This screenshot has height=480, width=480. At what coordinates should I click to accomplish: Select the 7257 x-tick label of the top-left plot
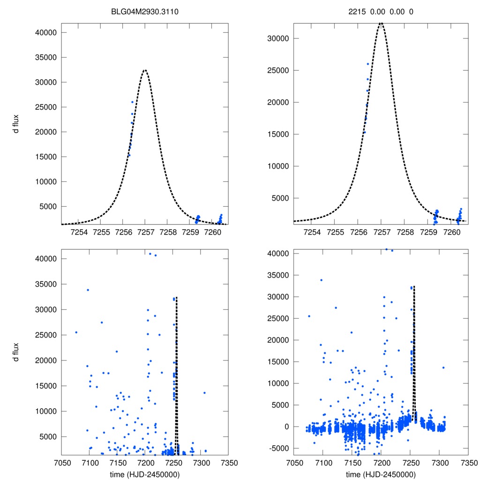[x=145, y=232]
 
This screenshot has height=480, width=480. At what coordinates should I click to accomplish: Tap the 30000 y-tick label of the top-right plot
[x=276, y=39]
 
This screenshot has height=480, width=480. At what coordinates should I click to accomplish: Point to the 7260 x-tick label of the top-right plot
[x=451, y=232]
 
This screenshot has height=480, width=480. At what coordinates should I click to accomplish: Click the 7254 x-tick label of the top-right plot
[x=312, y=232]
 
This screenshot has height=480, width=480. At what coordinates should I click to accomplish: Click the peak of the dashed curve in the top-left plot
[x=145, y=70]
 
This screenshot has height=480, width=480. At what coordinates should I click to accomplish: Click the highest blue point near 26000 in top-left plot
[x=133, y=102]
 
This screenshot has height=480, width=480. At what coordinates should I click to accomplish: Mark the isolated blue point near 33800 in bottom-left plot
[x=88, y=290]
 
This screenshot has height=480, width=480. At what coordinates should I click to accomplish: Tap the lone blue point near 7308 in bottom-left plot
[x=204, y=392]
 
